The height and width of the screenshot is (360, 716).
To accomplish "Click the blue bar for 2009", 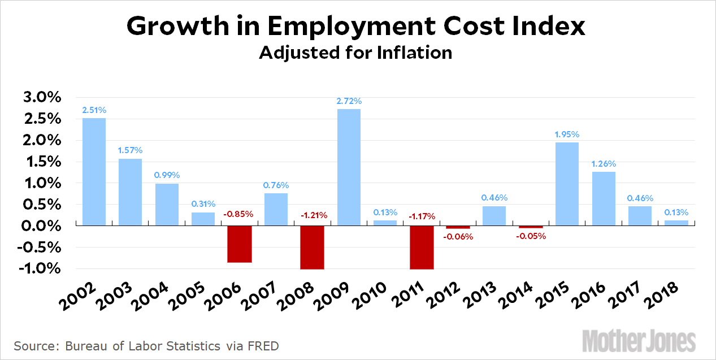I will (x=349, y=167).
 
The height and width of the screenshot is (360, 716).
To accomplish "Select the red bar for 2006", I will (x=240, y=244).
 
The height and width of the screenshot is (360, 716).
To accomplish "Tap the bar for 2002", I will (x=94, y=172).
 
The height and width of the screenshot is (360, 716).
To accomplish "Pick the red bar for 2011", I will (x=422, y=248).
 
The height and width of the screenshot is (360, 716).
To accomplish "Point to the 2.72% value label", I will (x=349, y=101).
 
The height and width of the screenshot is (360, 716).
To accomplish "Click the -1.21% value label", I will (x=312, y=215).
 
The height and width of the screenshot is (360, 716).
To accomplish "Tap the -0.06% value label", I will (x=458, y=237).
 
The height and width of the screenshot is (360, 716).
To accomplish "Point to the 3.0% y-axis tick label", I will (x=41, y=98).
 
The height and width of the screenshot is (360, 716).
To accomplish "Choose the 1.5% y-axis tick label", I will (x=41, y=162).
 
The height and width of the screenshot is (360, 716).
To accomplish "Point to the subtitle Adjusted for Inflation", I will (x=355, y=53).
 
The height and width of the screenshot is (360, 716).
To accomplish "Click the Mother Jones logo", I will (x=639, y=340).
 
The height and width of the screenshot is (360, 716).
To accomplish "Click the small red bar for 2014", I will (x=531, y=227).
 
